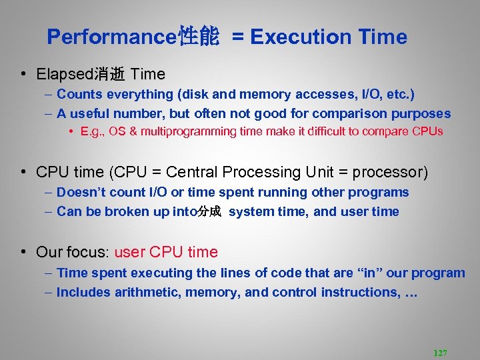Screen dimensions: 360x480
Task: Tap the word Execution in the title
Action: coord(301,37)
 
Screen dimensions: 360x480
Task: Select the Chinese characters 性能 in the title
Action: coord(199,37)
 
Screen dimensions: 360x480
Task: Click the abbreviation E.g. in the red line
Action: coord(92,131)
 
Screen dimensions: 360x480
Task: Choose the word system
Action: coord(251,211)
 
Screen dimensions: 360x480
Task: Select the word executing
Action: coord(165,273)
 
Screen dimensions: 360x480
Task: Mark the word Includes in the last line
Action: coord(83,292)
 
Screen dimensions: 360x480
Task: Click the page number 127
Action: coord(440,353)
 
